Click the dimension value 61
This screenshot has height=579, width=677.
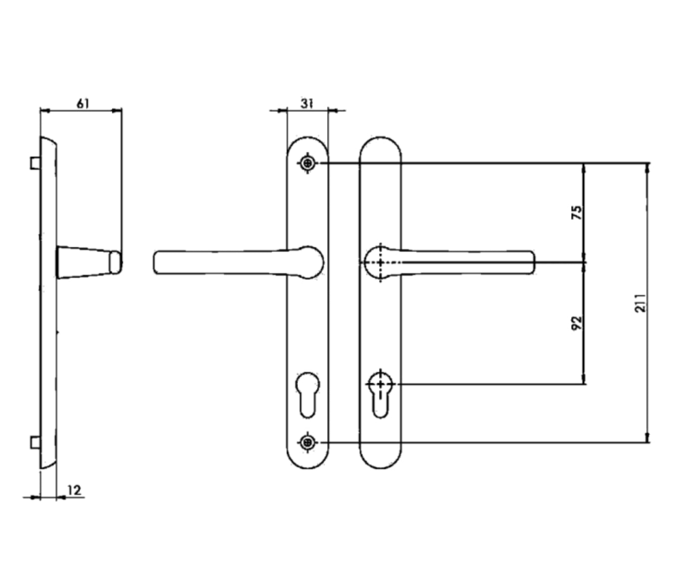[83, 103]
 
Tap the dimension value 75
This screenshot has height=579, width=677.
[577, 212]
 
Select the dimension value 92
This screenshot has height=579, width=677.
[577, 322]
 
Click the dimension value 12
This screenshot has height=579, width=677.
[74, 490]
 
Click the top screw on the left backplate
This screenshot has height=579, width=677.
[308, 163]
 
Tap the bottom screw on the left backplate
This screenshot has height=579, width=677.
[308, 442]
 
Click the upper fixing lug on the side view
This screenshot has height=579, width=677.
[35, 163]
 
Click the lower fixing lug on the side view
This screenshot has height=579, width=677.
[35, 442]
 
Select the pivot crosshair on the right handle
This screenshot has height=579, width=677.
[380, 263]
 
